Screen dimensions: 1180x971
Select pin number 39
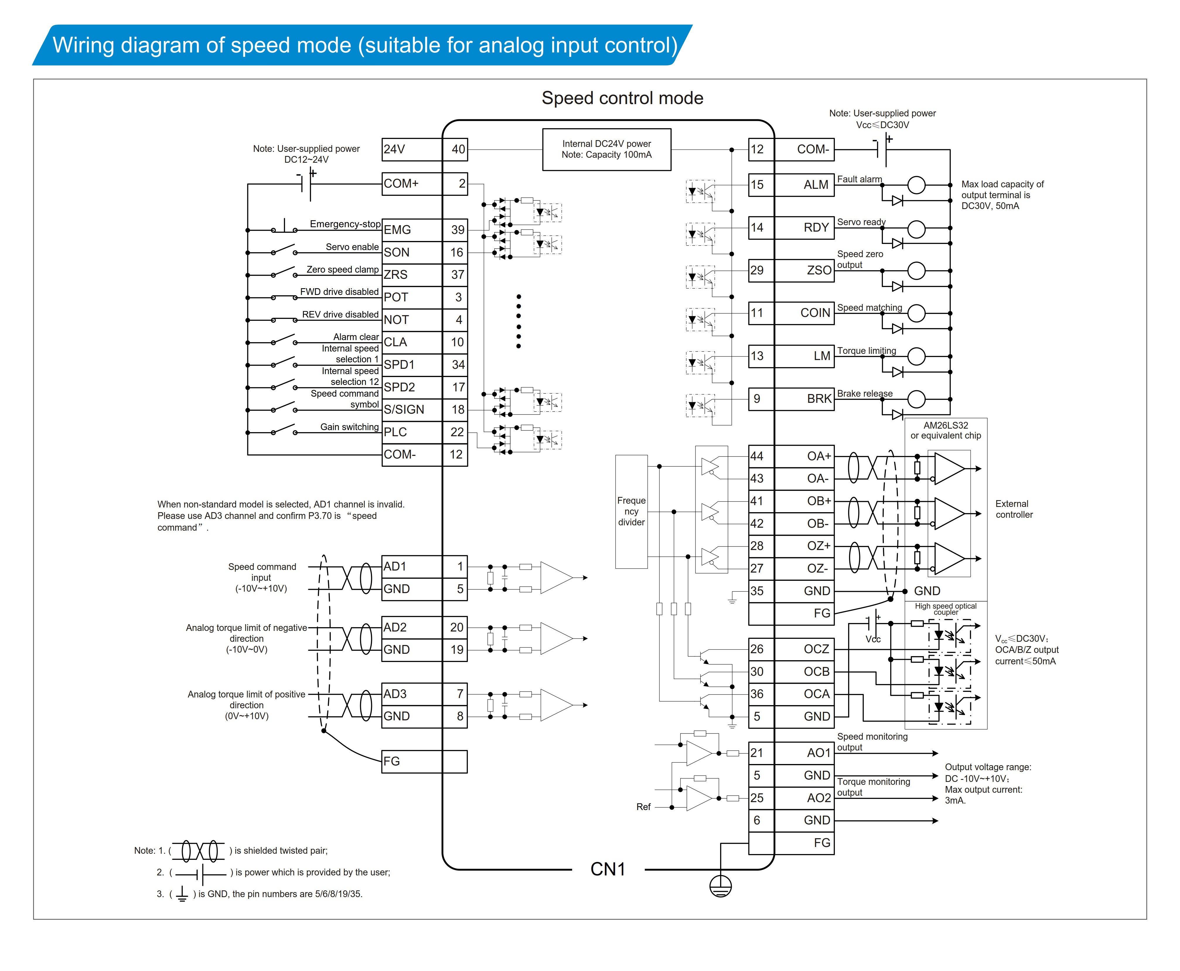pyautogui.click(x=458, y=230)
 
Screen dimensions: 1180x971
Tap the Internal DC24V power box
pyautogui.click(x=606, y=149)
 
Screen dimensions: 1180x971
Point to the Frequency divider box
pyautogui.click(x=631, y=511)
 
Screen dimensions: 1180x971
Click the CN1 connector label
pyautogui.click(x=608, y=869)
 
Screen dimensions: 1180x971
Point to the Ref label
pyautogui.click(x=643, y=807)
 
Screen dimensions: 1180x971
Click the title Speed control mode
pyautogui.click(x=622, y=98)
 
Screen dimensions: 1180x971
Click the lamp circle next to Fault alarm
pyautogui.click(x=916, y=185)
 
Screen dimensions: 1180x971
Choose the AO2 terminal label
pyautogui.click(x=819, y=798)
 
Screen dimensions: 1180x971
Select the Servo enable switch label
pyautogui.click(x=352, y=247)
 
